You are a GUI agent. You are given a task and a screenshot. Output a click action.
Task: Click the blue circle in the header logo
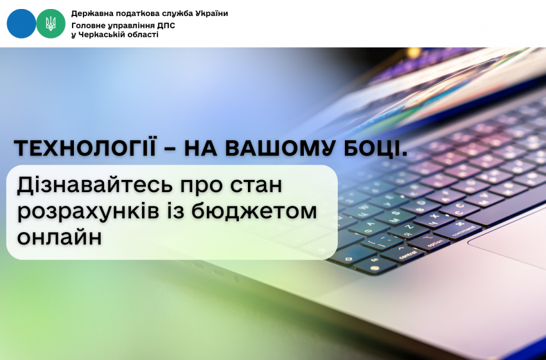(21, 24)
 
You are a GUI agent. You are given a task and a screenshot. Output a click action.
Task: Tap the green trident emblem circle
(51, 24)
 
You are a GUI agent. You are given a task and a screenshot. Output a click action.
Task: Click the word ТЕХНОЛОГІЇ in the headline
(85, 148)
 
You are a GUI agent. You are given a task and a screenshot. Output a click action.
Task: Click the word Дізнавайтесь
(94, 185)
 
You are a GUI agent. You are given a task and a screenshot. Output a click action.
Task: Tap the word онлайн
(60, 237)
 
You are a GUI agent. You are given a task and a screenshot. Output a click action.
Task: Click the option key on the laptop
(436, 242)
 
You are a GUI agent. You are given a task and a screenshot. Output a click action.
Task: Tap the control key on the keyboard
(407, 255)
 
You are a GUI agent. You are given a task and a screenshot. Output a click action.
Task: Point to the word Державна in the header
(89, 14)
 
